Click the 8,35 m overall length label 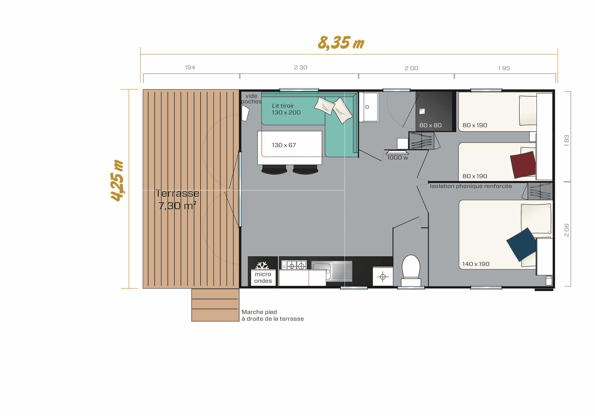point(341,43)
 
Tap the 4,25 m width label point(117,180)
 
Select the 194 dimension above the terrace point(190,67)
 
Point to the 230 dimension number point(301,67)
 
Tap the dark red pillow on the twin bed point(523,165)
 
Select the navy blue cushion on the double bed point(521,244)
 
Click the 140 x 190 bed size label point(476,264)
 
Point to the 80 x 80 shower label point(430,125)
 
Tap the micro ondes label point(263,277)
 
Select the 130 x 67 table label point(284,145)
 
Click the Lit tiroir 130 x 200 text point(286,109)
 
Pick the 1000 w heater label point(398,158)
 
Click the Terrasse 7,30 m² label point(178,199)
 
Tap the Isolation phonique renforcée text point(471,186)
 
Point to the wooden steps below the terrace point(215,305)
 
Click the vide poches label point(251,99)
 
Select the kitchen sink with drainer point(332,271)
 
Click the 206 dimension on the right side point(566,230)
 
